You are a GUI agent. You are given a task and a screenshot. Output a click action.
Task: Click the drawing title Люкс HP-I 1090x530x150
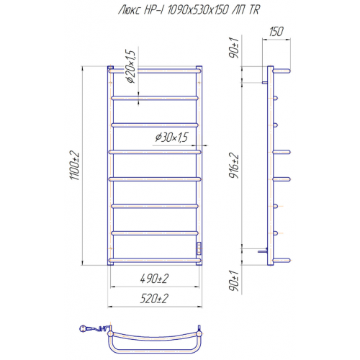(174, 10)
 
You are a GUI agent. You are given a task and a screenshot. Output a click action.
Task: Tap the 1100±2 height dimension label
(74, 166)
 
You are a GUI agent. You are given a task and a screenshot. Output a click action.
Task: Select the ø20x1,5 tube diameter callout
(131, 66)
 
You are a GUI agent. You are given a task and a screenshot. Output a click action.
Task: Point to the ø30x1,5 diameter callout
(171, 138)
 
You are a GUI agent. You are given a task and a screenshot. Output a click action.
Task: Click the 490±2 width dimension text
(154, 279)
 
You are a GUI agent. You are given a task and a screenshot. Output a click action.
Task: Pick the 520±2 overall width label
(154, 299)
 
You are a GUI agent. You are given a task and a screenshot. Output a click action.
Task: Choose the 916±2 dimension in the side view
(234, 166)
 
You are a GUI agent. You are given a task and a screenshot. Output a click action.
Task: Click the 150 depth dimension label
(276, 32)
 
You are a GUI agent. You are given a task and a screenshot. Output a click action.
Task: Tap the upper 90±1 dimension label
(234, 48)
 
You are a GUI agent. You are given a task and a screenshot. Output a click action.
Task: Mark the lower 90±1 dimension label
(234, 281)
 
